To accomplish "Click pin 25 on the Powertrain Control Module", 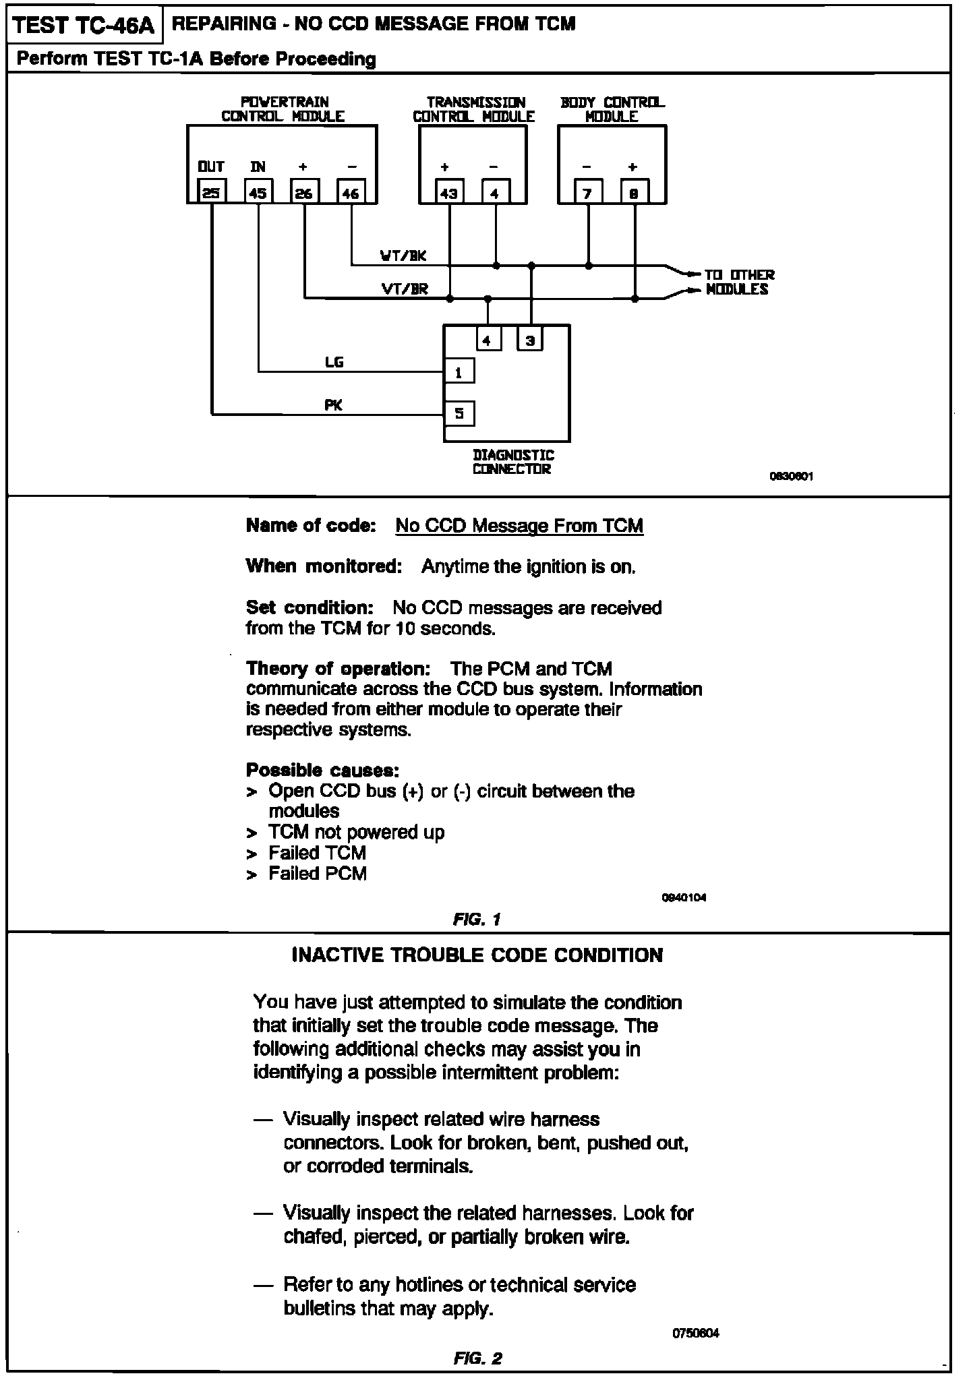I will coord(212,192).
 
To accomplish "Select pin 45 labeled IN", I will coord(258,192).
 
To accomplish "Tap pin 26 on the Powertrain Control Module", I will coord(304,192).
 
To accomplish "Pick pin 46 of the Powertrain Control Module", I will coord(351,192).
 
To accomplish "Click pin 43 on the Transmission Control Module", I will coord(449,192).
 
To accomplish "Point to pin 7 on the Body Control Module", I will coord(588,192).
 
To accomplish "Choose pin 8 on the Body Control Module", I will coord(635,192).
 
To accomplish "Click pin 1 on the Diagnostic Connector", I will coord(459,371).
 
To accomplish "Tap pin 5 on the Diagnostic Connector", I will coord(459,413).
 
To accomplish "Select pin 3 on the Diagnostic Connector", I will coord(531,340).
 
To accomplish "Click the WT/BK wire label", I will coord(403,256).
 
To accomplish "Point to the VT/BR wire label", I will coord(405,289).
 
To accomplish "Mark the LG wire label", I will coord(334,363).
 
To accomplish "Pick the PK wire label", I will coord(334,405).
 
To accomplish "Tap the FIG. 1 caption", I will coord(477,919).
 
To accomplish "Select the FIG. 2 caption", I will coord(477,1358).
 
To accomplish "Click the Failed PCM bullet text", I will coord(318,874).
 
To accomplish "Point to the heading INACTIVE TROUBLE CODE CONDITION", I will coord(477,955).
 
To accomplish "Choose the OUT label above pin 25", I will coord(211,167).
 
